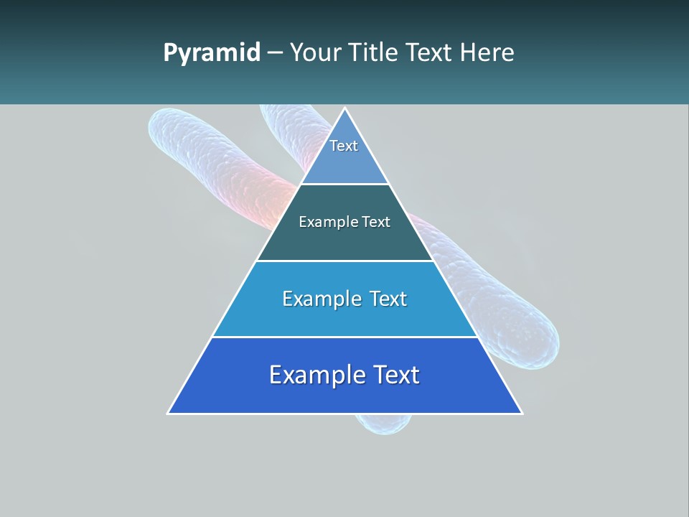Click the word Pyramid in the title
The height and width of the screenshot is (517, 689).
tap(212, 53)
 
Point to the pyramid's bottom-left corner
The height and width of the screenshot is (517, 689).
tap(169, 413)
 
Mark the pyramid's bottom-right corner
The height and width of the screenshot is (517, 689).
tap(522, 413)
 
